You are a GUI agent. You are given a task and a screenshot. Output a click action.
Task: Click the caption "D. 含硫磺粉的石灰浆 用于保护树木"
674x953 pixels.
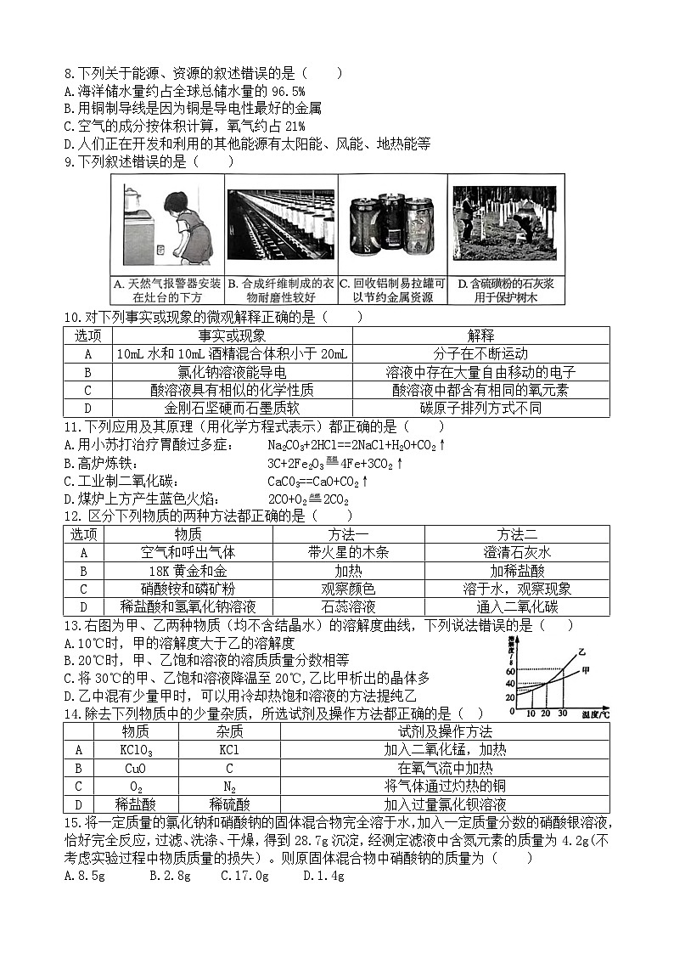506,290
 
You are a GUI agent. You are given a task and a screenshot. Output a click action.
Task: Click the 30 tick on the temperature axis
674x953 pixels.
562,713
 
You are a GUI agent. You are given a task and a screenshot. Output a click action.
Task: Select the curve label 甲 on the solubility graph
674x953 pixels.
585,671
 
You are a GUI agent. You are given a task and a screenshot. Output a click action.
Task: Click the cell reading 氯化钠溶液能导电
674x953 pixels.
232,371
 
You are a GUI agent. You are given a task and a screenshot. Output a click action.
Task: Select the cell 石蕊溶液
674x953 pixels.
348,606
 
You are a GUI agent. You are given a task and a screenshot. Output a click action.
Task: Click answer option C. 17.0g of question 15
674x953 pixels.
240,876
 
